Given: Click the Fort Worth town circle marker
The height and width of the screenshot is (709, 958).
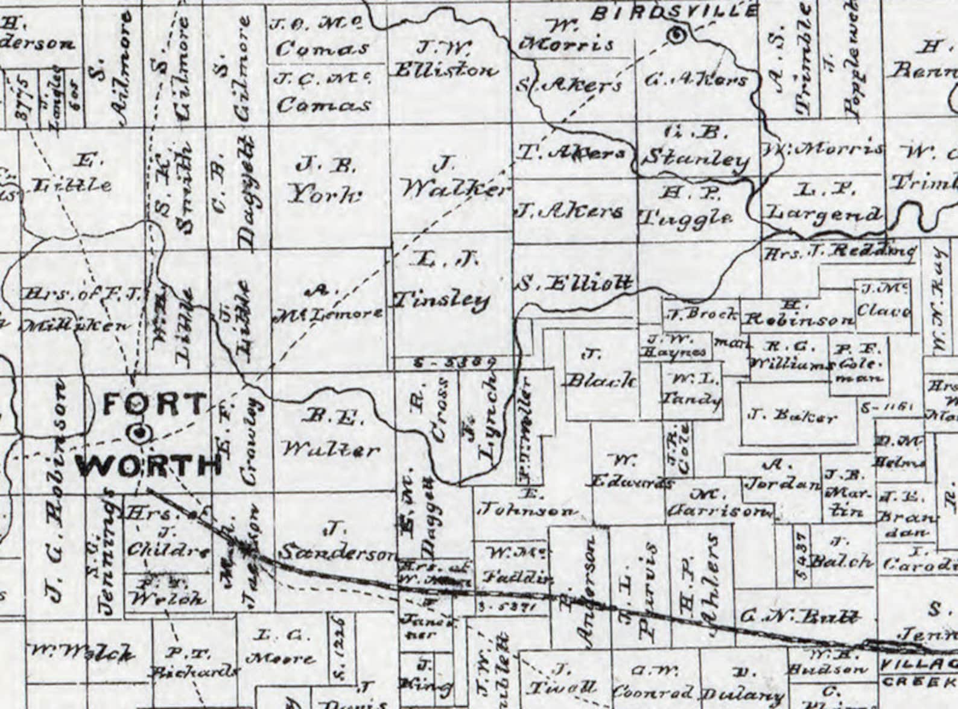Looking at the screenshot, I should click(141, 432).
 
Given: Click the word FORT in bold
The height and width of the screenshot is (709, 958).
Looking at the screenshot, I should click(155, 404).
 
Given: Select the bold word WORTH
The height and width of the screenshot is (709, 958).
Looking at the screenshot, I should click(148, 465).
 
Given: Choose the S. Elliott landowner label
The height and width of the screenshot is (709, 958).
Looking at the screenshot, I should click(575, 283).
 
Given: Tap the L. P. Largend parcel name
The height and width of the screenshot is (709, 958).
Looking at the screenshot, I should click(824, 203).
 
